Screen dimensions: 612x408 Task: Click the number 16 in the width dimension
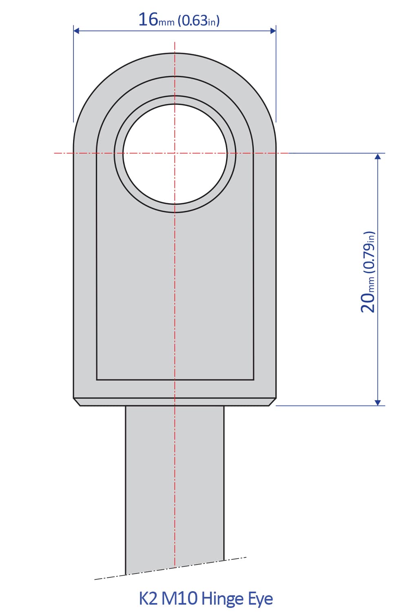[x=148, y=19]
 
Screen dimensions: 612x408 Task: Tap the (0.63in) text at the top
[x=199, y=20]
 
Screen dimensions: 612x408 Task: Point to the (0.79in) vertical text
[x=368, y=252]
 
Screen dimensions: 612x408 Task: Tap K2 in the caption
[x=148, y=599]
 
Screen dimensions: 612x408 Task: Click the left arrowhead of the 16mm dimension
[x=76, y=31]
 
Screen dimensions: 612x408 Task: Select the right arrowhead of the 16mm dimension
[x=273, y=31]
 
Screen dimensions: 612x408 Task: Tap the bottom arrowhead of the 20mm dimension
[x=378, y=402]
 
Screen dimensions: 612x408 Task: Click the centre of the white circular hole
[x=175, y=153]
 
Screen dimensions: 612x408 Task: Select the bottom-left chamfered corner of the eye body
[x=77, y=402]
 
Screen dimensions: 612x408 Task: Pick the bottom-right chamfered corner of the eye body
[x=273, y=402]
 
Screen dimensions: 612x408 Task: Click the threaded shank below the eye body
[x=175, y=481]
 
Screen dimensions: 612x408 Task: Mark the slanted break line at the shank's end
[x=171, y=568]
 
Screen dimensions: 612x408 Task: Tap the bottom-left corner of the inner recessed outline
[x=97, y=379]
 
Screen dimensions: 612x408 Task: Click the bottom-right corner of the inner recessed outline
[x=253, y=379]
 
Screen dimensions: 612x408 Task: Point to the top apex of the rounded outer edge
[x=175, y=53]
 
